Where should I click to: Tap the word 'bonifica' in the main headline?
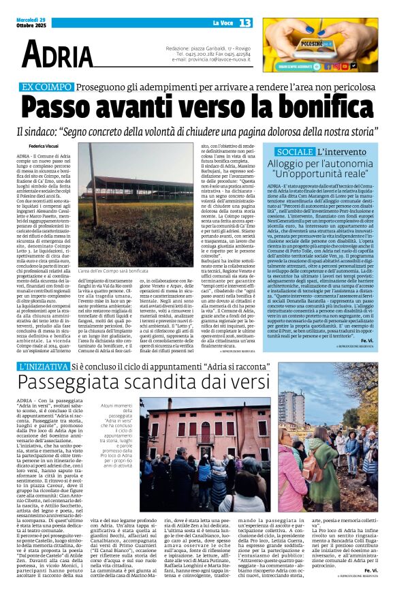[321, 108]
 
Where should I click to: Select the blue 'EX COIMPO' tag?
[46, 87]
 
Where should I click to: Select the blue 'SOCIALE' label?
[295, 151]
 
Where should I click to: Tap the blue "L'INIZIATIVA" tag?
[42, 367]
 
